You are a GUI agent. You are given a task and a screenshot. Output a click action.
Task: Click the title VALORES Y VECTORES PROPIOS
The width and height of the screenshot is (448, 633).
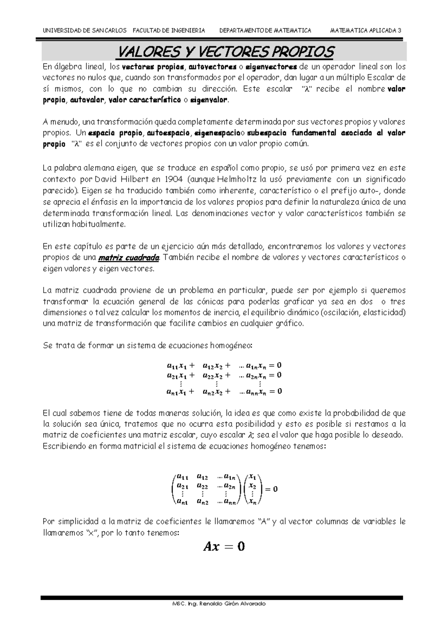(225, 52)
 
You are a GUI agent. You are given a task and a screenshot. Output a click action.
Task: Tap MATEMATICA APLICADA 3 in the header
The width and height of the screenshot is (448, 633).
(366, 31)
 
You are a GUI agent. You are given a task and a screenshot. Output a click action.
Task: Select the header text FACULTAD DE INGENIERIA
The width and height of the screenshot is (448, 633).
(169, 31)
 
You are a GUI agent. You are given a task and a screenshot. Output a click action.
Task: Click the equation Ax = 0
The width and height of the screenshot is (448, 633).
(224, 547)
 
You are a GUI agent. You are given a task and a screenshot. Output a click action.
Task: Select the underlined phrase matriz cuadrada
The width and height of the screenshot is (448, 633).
(129, 258)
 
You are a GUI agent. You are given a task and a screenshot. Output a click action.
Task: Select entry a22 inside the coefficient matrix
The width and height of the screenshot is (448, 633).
(202, 486)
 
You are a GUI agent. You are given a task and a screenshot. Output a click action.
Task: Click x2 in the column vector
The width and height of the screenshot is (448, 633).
(253, 486)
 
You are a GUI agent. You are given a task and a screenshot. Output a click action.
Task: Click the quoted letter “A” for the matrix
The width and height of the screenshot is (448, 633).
(264, 521)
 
